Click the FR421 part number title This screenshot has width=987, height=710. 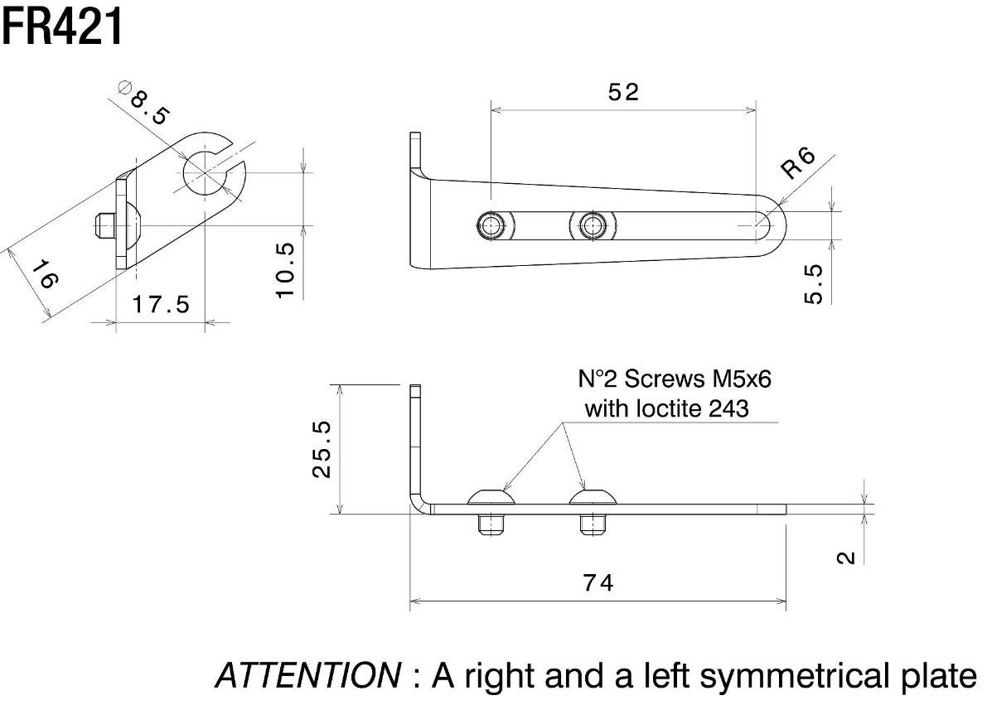click(x=62, y=27)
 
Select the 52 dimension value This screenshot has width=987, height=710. click(x=623, y=92)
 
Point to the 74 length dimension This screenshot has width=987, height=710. click(x=598, y=583)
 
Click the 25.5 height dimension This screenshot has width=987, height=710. click(x=322, y=448)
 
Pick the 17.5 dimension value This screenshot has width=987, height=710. click(x=161, y=305)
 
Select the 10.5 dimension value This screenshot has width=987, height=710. click(x=285, y=270)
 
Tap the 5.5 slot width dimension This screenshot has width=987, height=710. click(x=814, y=283)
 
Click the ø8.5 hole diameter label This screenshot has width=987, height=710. click(x=144, y=101)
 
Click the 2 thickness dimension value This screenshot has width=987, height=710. click(x=846, y=557)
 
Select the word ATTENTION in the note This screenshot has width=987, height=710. click(x=306, y=676)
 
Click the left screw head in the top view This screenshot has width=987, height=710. click(x=493, y=225)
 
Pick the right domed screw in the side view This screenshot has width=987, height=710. click(x=593, y=497)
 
